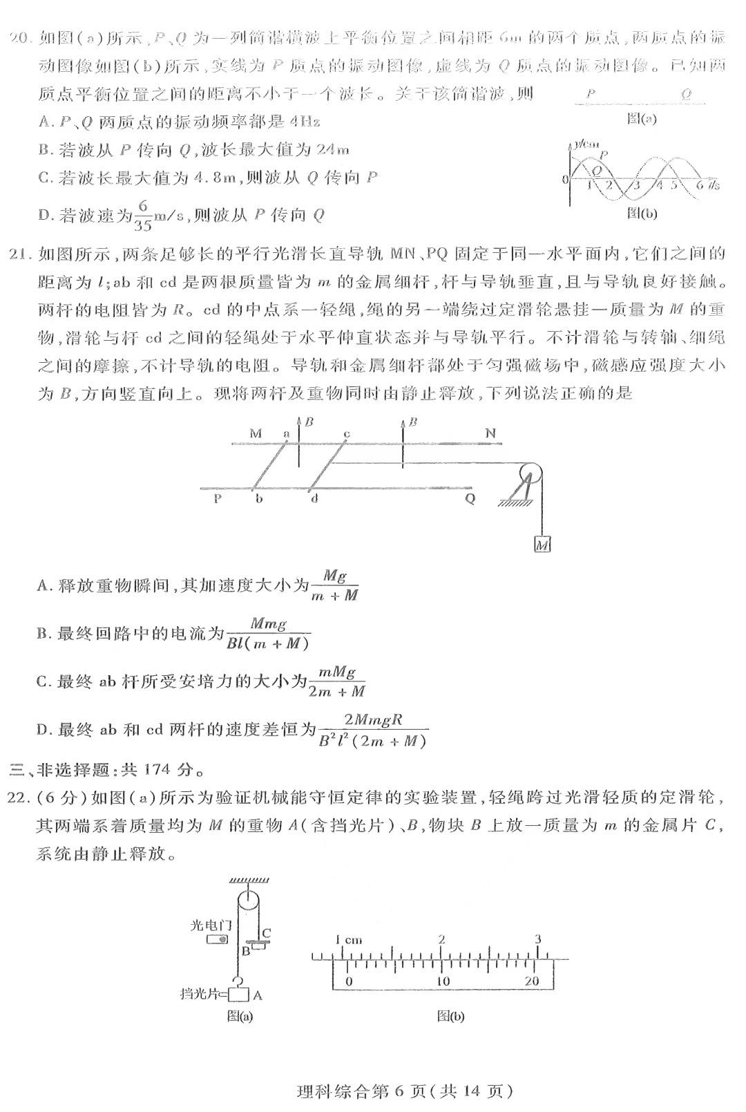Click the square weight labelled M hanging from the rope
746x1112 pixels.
(x=542, y=545)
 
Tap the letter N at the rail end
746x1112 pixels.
(x=490, y=433)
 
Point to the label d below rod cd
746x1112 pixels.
(x=314, y=498)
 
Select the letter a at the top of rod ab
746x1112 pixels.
(x=286, y=433)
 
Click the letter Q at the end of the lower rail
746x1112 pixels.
(x=470, y=498)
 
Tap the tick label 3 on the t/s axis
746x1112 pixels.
(x=636, y=185)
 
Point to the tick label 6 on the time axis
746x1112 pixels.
(x=699, y=185)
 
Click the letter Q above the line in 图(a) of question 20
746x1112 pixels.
(x=685, y=95)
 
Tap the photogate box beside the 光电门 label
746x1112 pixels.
(x=218, y=939)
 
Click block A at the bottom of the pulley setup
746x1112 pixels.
(x=239, y=995)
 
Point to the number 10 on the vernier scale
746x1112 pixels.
(x=442, y=981)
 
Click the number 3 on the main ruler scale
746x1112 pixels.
(x=537, y=939)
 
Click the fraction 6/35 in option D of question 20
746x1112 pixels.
(x=143, y=215)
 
